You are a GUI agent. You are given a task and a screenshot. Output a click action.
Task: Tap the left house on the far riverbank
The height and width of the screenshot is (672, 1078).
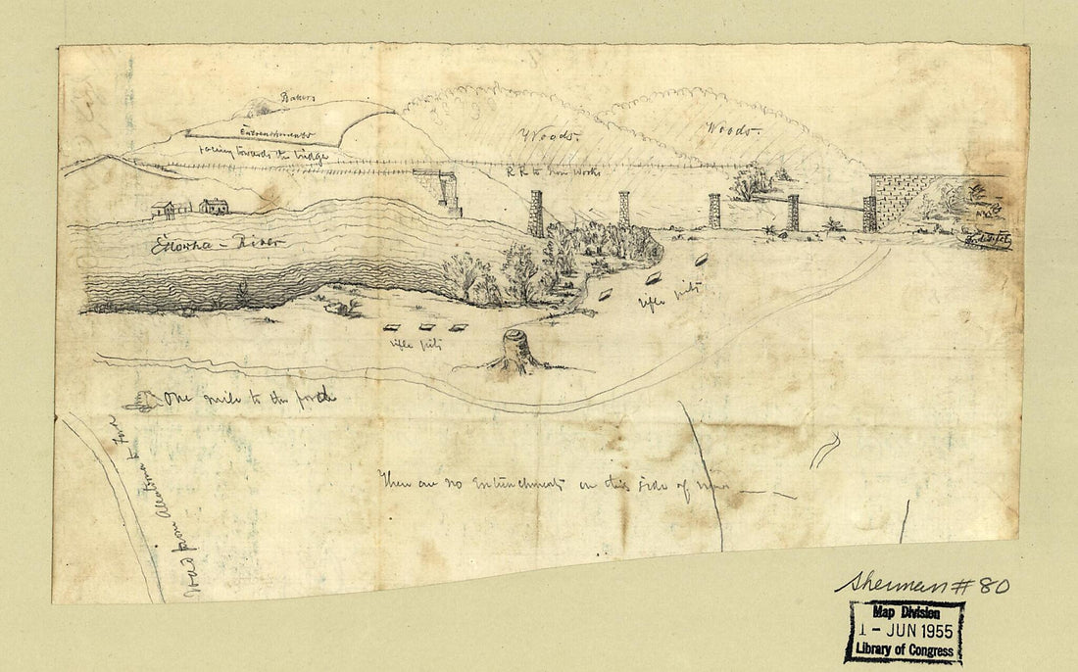point(163,209)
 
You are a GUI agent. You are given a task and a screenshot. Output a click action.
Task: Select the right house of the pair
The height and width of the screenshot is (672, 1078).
point(214,206)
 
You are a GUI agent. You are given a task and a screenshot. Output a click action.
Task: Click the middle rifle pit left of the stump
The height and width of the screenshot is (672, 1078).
point(427,328)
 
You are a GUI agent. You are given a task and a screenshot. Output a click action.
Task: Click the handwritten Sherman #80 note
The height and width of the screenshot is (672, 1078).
point(922,584)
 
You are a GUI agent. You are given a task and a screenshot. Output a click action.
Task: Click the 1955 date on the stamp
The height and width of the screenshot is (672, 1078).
point(932,630)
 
